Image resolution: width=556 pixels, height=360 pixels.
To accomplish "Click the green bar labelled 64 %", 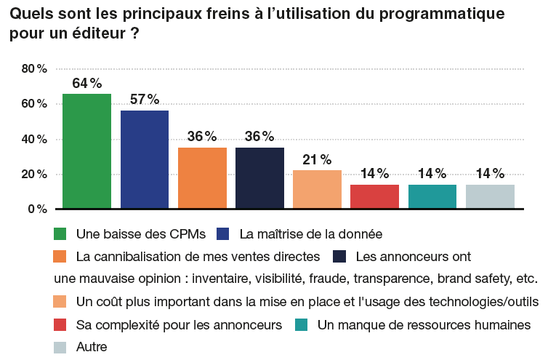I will click(86, 151).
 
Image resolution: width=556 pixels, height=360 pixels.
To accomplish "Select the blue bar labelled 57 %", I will click(145, 160).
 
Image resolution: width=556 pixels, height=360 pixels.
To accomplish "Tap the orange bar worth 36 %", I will click(202, 178).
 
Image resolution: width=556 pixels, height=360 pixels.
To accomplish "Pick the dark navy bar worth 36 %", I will click(259, 178).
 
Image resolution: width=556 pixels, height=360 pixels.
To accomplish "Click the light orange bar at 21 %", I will click(317, 190).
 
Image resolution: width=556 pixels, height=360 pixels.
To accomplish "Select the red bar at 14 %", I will click(374, 197).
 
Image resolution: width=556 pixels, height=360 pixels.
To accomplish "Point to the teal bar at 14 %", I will click(432, 197).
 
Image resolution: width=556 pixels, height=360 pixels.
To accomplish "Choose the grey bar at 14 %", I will click(490, 197).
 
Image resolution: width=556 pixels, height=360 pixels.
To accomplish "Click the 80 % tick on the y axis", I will click(34, 69).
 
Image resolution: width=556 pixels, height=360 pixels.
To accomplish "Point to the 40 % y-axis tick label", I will click(34, 139).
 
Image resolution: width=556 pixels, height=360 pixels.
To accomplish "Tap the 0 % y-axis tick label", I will click(37, 209).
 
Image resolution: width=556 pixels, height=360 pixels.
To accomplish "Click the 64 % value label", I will click(86, 83).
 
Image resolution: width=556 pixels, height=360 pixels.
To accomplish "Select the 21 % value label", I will click(317, 159).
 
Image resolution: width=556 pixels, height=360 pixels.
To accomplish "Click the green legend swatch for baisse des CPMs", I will click(61, 233).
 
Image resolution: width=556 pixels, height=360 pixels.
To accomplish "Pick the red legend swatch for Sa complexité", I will click(61, 324).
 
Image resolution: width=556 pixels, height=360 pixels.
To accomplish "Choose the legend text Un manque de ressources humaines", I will click(424, 324).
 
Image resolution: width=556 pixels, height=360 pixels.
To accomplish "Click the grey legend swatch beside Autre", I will click(61, 347).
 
